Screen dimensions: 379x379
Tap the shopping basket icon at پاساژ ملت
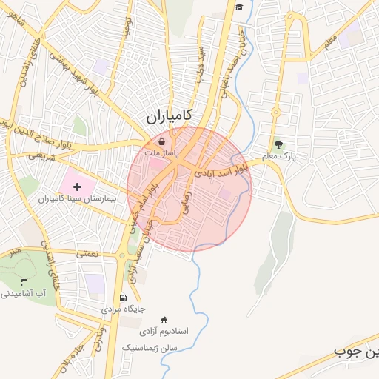162,141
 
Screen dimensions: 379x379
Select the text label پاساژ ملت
162,152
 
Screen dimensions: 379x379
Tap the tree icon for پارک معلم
278,144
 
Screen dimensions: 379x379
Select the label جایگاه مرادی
128,309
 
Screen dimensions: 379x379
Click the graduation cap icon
239,7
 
